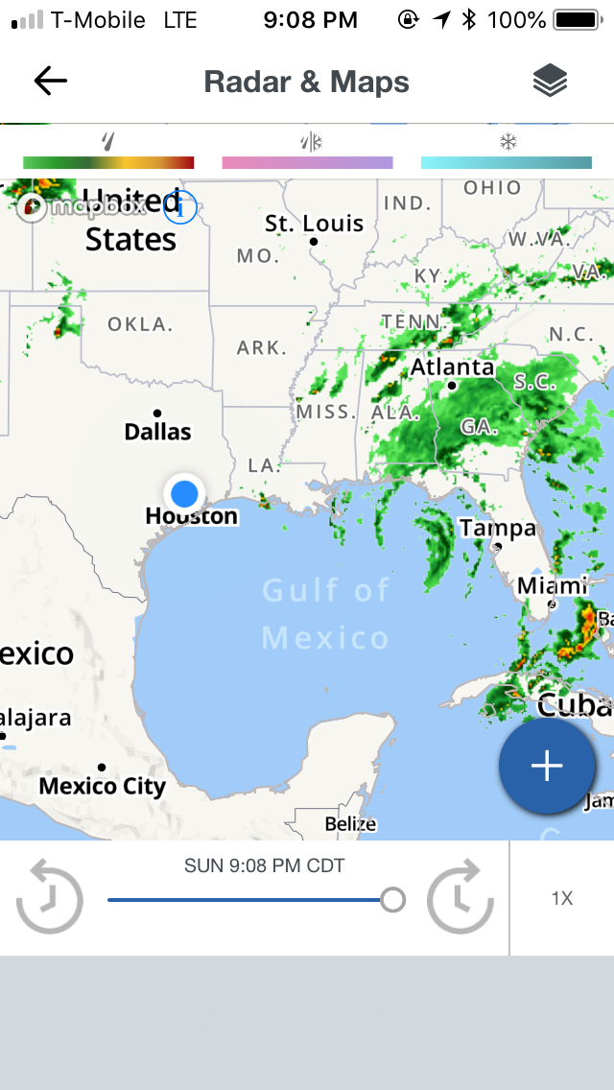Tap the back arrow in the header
[x=50, y=82]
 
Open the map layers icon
[x=550, y=82]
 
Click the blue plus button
[x=547, y=766]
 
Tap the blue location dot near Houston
[x=184, y=493]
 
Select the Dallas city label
[x=158, y=432]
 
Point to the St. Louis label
[x=315, y=225]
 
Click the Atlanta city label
[x=453, y=367]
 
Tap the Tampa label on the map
[x=497, y=528]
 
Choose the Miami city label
[x=552, y=585]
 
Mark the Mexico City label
[x=103, y=786]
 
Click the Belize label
[x=350, y=823]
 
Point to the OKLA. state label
[x=140, y=324]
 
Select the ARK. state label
[x=262, y=347]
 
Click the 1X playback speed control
[x=561, y=899]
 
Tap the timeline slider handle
[x=392, y=899]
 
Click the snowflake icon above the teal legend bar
[x=507, y=143]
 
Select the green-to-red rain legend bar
[x=108, y=162]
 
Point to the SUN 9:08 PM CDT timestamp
[x=264, y=866]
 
